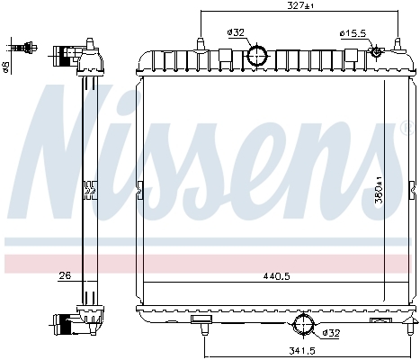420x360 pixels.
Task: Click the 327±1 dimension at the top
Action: (x=300, y=5)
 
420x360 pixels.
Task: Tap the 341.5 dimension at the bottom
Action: (x=302, y=350)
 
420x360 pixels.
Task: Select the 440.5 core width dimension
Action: (x=276, y=276)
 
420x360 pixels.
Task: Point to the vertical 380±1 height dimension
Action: (x=379, y=190)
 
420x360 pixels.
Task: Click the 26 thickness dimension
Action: (x=65, y=275)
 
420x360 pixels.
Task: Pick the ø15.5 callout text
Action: (x=353, y=33)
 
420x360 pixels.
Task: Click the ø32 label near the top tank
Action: (x=236, y=32)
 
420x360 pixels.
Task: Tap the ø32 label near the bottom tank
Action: (x=331, y=333)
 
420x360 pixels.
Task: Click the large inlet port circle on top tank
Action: (x=257, y=56)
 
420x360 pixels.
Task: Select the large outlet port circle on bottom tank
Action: (x=303, y=324)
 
